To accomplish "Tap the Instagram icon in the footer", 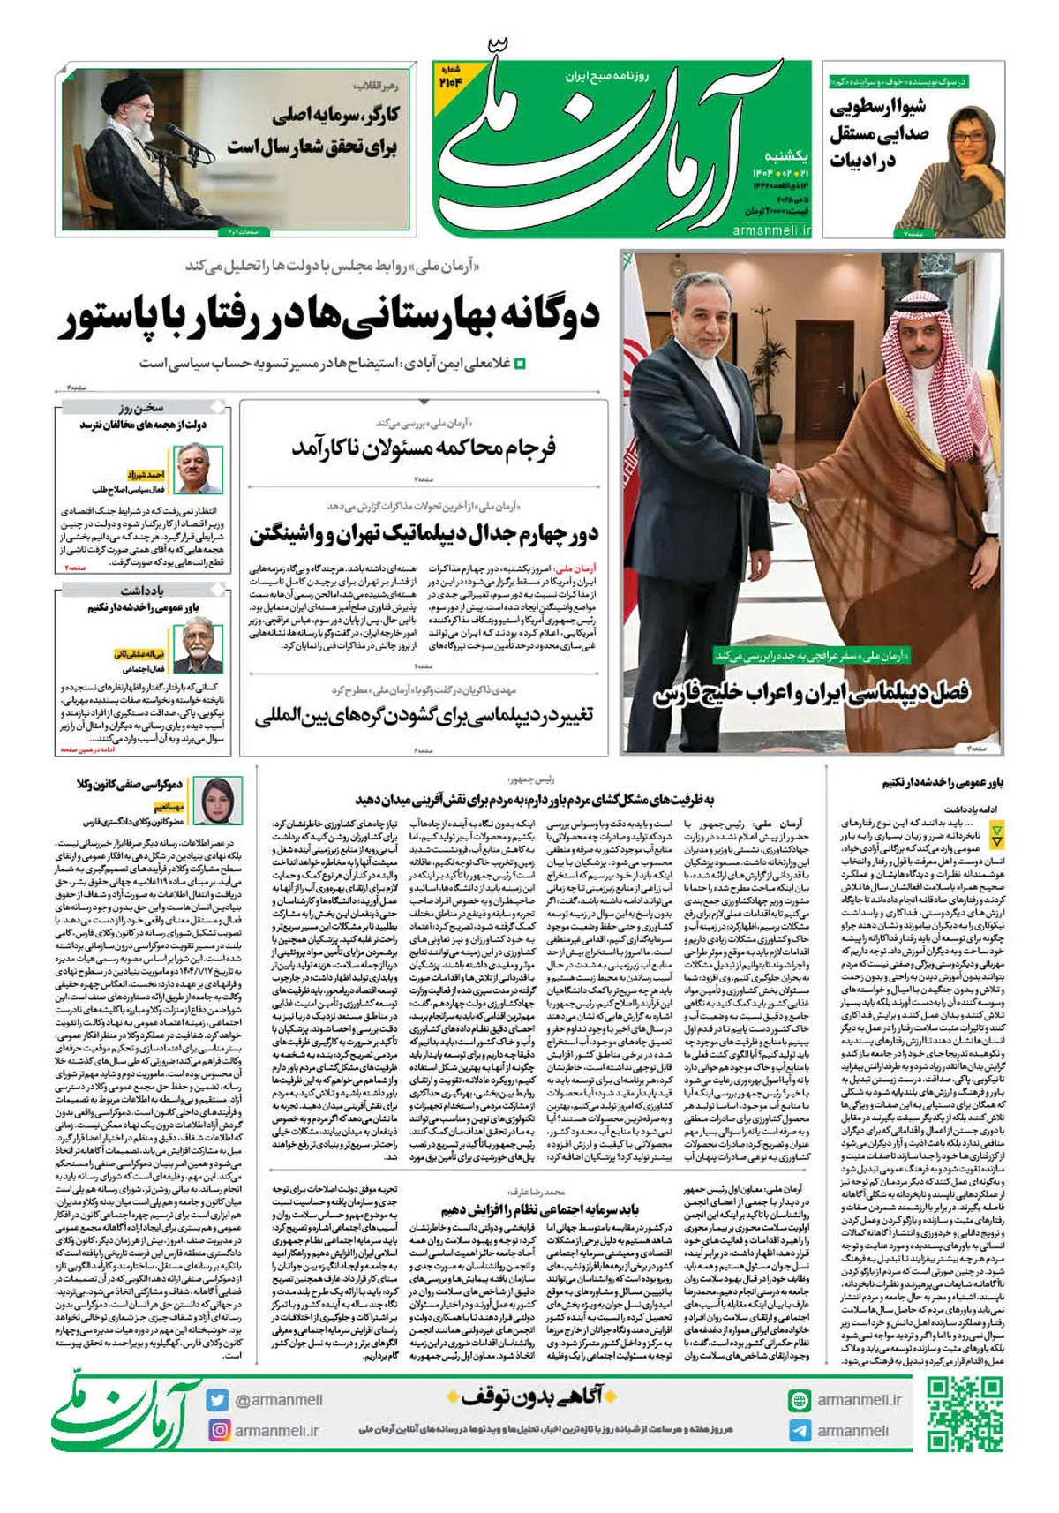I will click(219, 1429).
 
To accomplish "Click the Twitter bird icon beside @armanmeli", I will click(218, 1399).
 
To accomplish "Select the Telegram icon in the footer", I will click(800, 1430).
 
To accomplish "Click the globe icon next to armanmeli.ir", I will click(800, 1399).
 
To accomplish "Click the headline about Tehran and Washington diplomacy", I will click(424, 535).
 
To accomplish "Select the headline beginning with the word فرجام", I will click(424, 448).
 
